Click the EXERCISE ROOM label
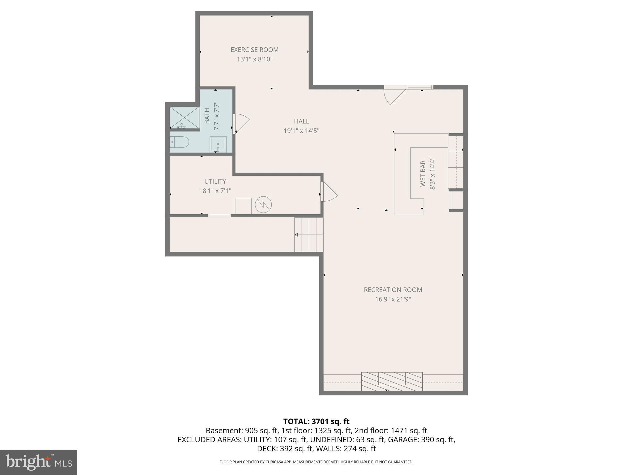tap(254, 50)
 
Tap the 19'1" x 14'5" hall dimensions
tap(301, 131)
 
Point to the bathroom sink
tap(218, 144)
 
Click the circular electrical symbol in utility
tap(263, 204)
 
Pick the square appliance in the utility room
tap(243, 206)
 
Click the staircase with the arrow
tap(309, 235)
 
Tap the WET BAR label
tap(423, 173)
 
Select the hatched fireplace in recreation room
tap(392, 381)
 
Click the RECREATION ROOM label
tap(393, 290)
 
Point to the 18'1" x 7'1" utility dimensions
tap(215, 191)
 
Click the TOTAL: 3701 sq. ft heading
tap(316, 422)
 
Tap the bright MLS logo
tap(38, 462)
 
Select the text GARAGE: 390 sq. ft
tap(421, 439)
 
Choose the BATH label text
tap(207, 116)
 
